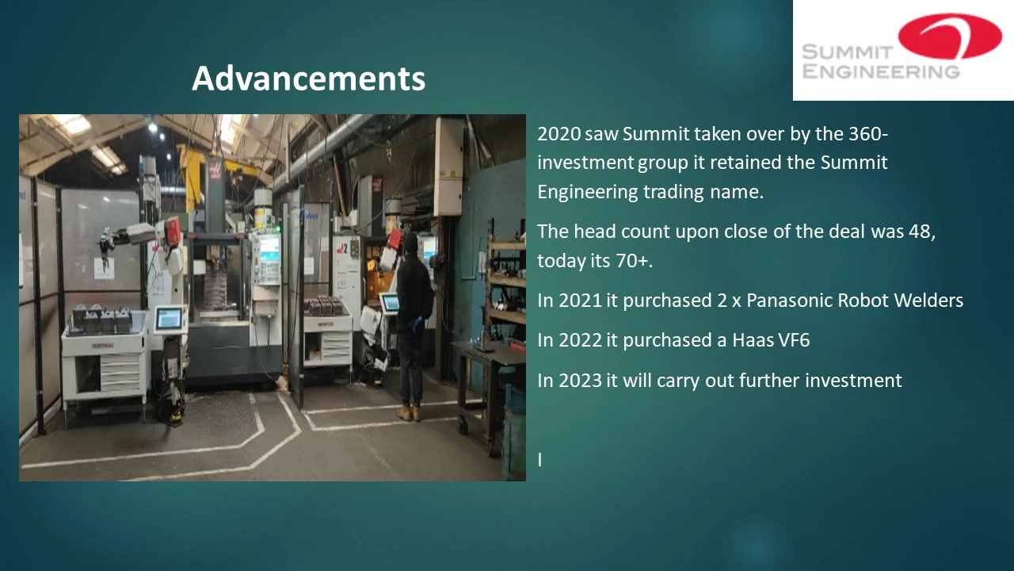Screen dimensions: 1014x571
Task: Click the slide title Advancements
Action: click(x=308, y=79)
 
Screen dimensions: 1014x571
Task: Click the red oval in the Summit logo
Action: click(x=950, y=36)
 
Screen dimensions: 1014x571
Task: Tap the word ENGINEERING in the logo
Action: click(x=880, y=71)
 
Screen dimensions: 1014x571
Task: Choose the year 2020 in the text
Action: click(x=559, y=134)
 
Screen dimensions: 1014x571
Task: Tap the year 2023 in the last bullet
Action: click(x=580, y=380)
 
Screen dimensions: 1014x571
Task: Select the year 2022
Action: click(x=580, y=340)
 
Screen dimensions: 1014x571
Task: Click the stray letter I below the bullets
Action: click(x=539, y=459)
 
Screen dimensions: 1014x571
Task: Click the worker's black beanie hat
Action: click(x=410, y=243)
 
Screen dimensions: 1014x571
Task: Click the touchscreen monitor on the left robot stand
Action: click(x=169, y=319)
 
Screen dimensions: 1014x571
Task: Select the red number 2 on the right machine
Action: click(x=344, y=248)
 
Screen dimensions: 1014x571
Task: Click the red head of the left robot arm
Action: click(x=172, y=232)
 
